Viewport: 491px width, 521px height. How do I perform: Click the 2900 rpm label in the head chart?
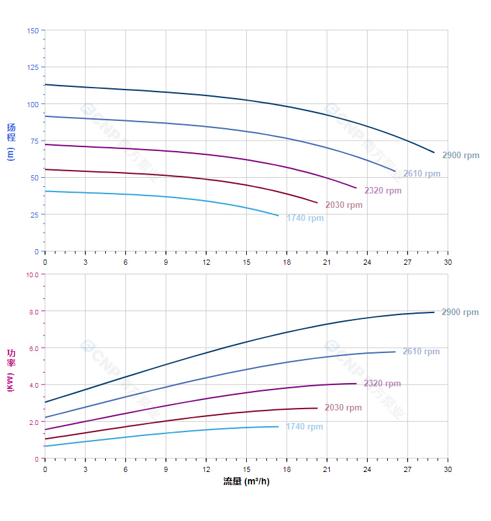coord(460,156)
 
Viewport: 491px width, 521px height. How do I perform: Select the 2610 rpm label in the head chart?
coord(421,174)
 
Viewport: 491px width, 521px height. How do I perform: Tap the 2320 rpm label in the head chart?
coord(383,191)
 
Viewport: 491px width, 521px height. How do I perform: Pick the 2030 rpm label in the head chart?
coord(343,205)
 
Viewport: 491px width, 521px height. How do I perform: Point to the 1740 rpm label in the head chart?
coord(305,218)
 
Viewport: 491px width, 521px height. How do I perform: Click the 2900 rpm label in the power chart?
coord(460,312)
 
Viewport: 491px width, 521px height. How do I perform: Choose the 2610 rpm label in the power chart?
coord(421,352)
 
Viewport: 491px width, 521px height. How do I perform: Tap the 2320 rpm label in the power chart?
coord(382,384)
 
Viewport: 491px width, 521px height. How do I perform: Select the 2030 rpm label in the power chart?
coord(343,408)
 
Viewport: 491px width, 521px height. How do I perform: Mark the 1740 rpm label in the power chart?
coord(304,427)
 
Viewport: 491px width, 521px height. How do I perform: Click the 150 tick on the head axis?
coord(33,31)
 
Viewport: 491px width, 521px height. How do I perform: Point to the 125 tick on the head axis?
coord(33,67)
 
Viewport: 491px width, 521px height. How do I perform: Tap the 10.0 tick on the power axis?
coord(32,275)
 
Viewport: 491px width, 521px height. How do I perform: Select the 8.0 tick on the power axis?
coord(33,311)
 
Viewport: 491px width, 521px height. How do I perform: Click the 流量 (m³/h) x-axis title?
coord(246,482)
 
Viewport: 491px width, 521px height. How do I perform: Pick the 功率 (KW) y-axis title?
coord(10,370)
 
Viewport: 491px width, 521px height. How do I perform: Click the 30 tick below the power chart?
coord(447,469)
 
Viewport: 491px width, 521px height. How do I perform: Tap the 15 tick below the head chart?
coord(246,262)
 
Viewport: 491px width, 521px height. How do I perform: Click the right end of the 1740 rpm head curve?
coord(278,216)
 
